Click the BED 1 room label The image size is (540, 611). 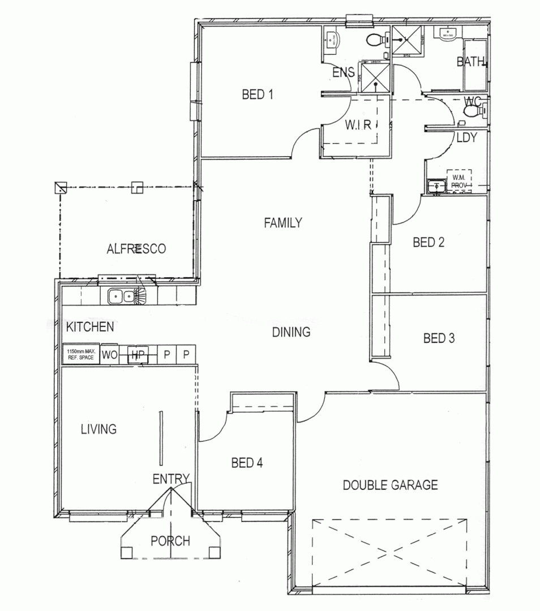coord(258,95)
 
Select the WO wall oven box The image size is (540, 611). coord(109,355)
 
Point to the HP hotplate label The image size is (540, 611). coord(136,355)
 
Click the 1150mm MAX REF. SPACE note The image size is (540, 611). coord(80,355)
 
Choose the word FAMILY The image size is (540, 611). coord(283,223)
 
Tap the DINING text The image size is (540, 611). coord(292,332)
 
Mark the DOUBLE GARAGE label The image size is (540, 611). coord(391,485)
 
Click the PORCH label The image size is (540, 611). coord(170,541)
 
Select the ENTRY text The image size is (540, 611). coord(170,479)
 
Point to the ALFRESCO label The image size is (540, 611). coord(136,248)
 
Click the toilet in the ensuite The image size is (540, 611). coord(374,40)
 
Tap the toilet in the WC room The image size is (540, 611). coord(471,111)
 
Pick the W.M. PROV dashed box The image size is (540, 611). coord(459,180)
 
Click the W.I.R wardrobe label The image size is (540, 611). coord(358,126)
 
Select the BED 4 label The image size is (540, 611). coord(247,463)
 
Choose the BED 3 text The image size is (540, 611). coord(439,338)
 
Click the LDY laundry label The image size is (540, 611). coord(466,137)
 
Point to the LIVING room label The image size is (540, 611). coord(98,429)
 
